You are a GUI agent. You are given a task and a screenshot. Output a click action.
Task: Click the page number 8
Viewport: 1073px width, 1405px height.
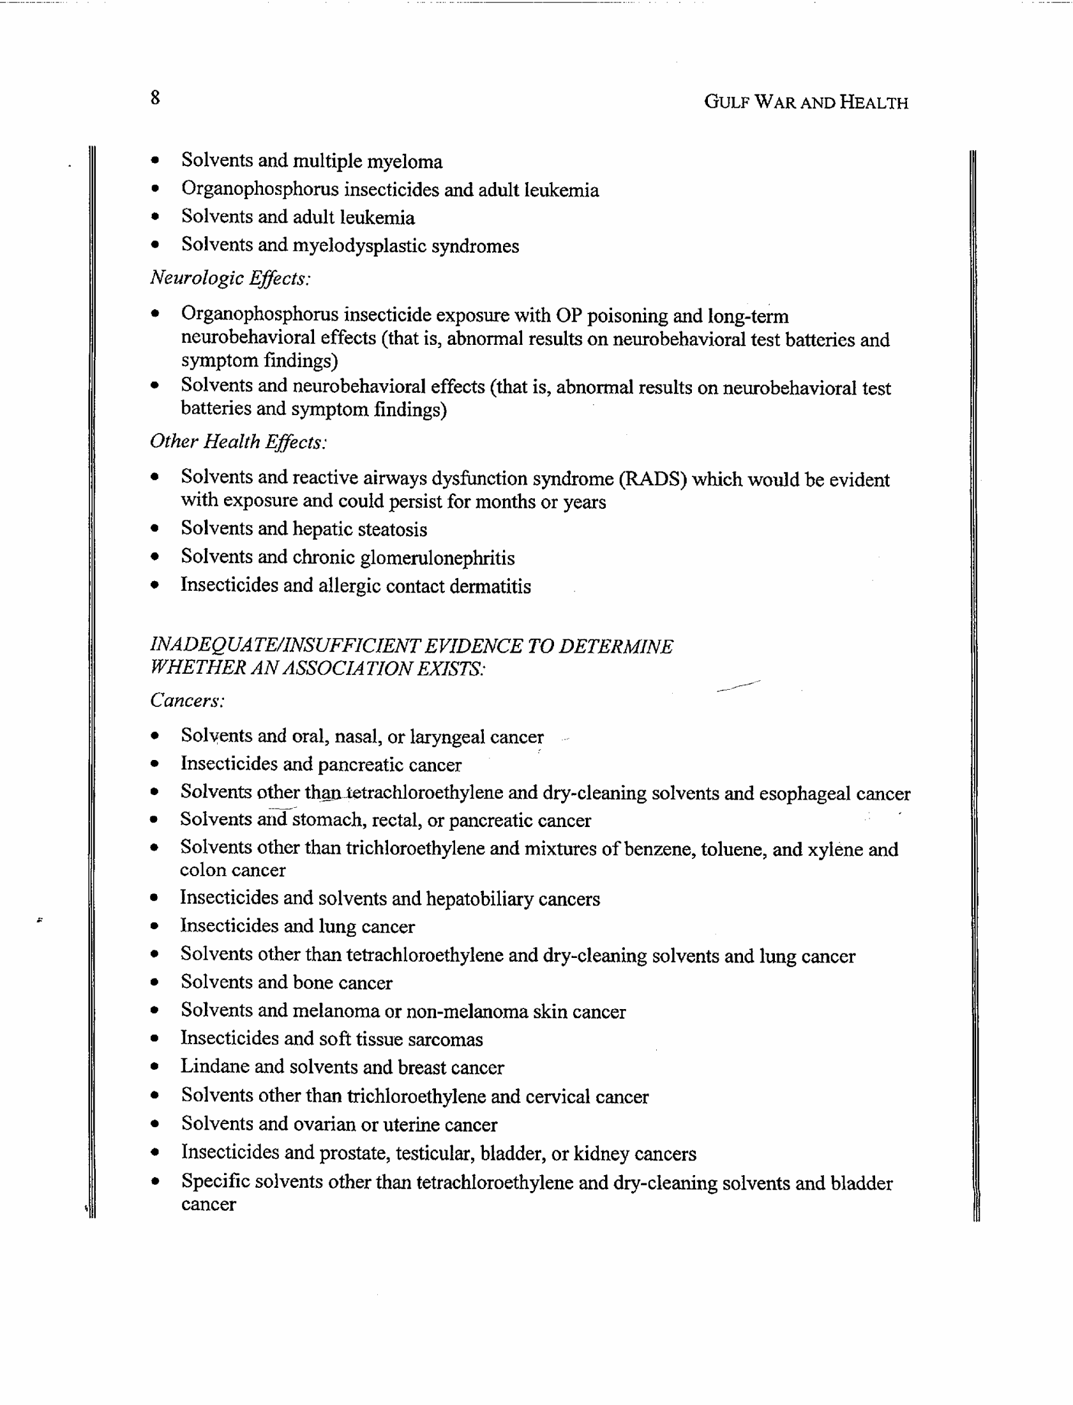[x=155, y=98]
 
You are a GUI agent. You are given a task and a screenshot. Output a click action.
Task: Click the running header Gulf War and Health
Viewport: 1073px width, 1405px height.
[x=806, y=102]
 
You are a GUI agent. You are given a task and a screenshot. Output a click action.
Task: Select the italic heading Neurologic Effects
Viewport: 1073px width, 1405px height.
[x=230, y=278]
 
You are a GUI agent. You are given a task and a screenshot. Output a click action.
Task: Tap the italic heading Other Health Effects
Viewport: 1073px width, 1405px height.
[x=238, y=441]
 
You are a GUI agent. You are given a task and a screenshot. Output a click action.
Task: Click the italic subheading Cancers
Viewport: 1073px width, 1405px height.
[x=187, y=701]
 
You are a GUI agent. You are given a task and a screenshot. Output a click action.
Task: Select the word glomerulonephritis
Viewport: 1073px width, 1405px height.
[x=437, y=558]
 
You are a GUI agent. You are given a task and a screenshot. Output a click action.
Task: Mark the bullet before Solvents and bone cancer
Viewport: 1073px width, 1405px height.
[x=154, y=983]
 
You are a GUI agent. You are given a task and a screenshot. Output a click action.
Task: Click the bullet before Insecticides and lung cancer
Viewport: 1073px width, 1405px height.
[x=154, y=927]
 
